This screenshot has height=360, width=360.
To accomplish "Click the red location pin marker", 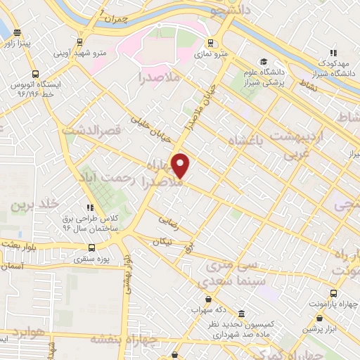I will coord(181,166).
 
